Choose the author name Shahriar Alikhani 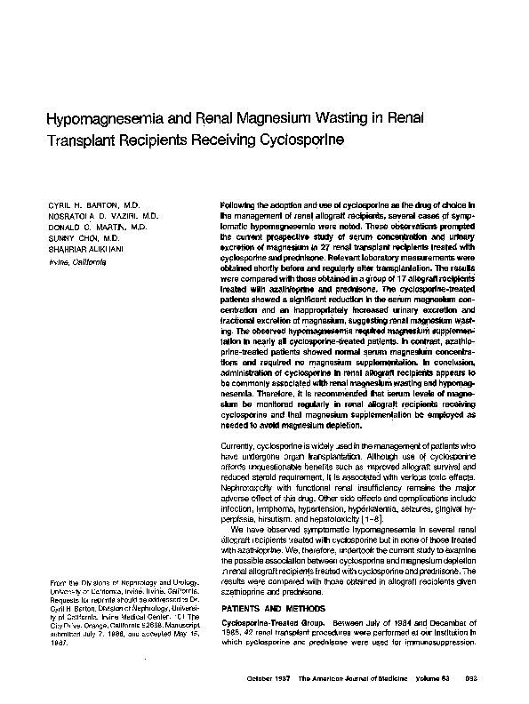point(71,249)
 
